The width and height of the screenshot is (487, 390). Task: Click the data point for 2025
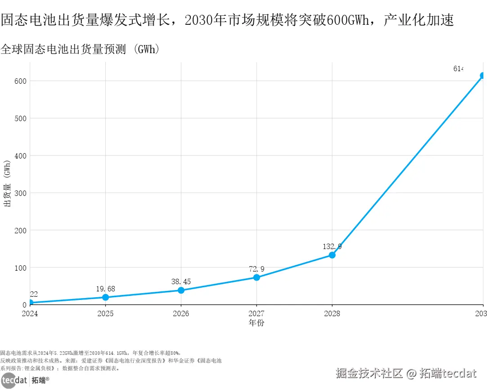coord(105,297)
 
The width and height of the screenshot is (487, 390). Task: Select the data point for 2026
coord(181,290)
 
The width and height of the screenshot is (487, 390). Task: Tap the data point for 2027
coord(257,277)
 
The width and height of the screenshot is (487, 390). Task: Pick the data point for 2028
coord(332,255)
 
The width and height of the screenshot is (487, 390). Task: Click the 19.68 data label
coord(105,289)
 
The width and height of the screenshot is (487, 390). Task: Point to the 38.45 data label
coord(181,282)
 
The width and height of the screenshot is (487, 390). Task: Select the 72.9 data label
coord(257,269)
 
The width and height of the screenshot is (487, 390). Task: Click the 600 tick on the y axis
coord(19,81)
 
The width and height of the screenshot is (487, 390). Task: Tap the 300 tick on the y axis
coord(19,193)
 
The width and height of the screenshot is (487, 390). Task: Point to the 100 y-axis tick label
coord(19,268)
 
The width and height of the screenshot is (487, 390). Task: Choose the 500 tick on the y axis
coord(19,118)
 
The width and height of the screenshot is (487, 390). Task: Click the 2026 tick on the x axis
coord(181,313)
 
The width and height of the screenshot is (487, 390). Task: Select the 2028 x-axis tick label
coord(332,313)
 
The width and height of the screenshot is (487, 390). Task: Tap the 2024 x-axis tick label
coord(31,313)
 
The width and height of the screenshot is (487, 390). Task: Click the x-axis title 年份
coord(257,323)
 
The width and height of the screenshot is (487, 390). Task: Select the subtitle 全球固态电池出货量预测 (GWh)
coord(80,49)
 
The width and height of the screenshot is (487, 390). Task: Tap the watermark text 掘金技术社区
coord(369,373)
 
